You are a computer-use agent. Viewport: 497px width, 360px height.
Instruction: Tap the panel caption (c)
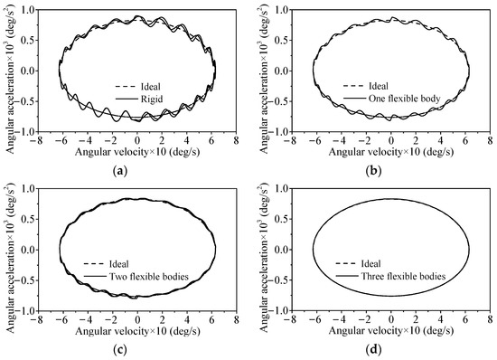point(137,349)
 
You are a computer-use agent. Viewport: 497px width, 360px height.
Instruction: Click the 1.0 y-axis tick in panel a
point(26,10)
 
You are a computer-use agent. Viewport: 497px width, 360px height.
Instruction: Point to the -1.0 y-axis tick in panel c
point(24,311)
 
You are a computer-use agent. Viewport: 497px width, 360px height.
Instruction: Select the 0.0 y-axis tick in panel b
point(281,71)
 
